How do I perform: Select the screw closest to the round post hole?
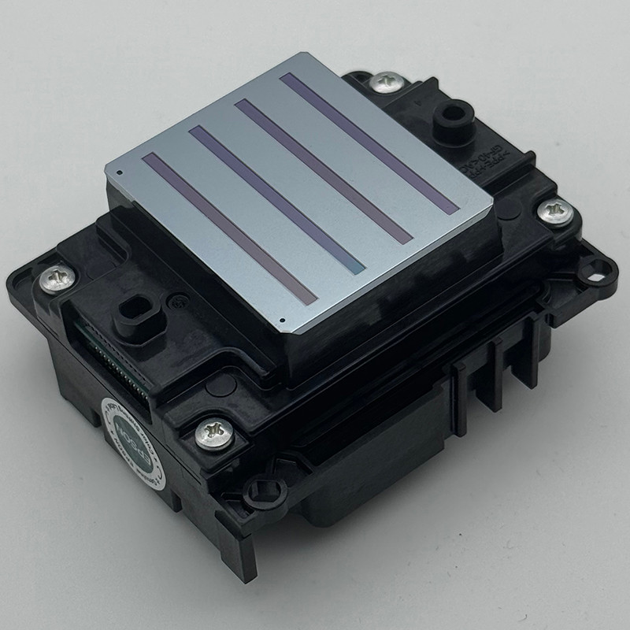coord(386,81)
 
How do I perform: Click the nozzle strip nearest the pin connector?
coord(228,228)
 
